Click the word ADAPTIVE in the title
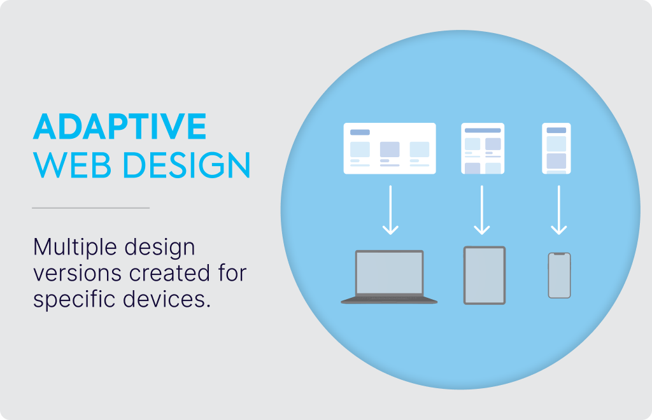(x=120, y=126)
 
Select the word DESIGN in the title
(x=187, y=165)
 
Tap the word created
(x=169, y=273)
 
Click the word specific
(x=74, y=300)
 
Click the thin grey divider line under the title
(x=90, y=207)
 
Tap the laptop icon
(x=389, y=277)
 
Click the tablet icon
(x=485, y=276)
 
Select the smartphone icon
(x=559, y=276)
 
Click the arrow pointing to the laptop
(x=390, y=210)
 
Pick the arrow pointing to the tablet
(x=482, y=210)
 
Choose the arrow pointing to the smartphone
(x=559, y=210)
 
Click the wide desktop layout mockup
(x=390, y=148)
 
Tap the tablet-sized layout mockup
(x=483, y=148)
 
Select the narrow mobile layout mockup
(x=556, y=148)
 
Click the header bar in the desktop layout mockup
(x=360, y=132)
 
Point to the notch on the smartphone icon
(x=559, y=254)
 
